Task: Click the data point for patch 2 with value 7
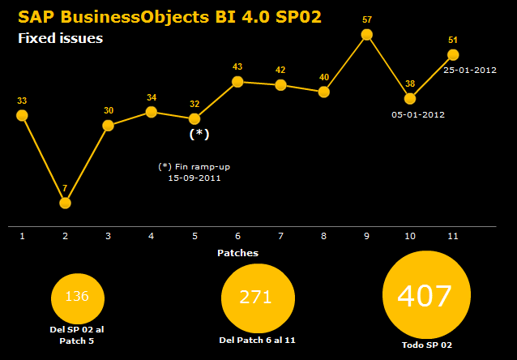pyautogui.click(x=65, y=203)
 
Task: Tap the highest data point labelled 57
pyautogui.click(x=367, y=34)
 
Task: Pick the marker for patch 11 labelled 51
pyautogui.click(x=453, y=54)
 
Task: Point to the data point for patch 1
pyautogui.click(x=22, y=115)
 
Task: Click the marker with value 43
pyautogui.click(x=237, y=81)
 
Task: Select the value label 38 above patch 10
pyautogui.click(x=410, y=84)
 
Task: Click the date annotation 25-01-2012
pyautogui.click(x=470, y=70)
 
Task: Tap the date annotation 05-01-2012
pyautogui.click(x=418, y=114)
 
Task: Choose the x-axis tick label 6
pyautogui.click(x=237, y=236)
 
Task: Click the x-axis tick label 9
pyautogui.click(x=367, y=236)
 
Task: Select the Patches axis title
pyautogui.click(x=237, y=253)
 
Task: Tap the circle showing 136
pyautogui.click(x=78, y=297)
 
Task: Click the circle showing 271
pyautogui.click(x=256, y=298)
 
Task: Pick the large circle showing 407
pyautogui.click(x=425, y=296)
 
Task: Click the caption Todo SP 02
pyautogui.click(x=425, y=345)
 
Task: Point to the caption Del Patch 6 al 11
pyautogui.click(x=257, y=339)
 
